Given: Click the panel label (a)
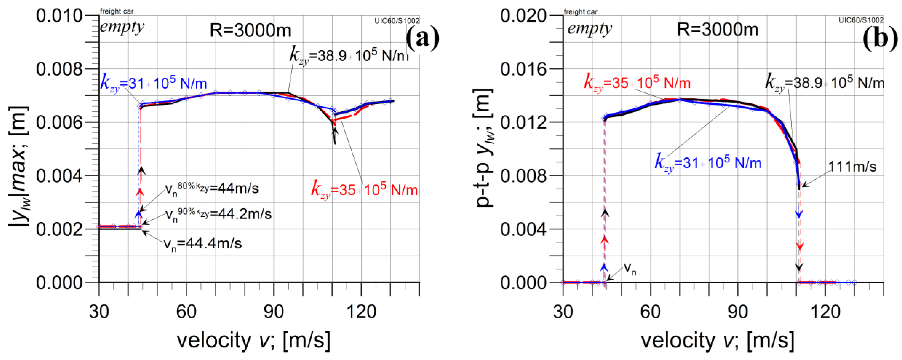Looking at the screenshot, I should tap(422, 38).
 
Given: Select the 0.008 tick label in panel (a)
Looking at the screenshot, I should tap(59, 69).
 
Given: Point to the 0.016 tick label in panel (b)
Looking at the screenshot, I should tap(523, 69).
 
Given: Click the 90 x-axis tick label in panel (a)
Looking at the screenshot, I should tap(274, 311).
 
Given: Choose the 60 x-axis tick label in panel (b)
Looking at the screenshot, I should tap(650, 311).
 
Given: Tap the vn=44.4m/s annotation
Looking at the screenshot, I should tap(203, 243).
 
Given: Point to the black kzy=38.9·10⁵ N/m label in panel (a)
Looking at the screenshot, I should tap(349, 55).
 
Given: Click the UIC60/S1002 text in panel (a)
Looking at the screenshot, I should tap(397, 21).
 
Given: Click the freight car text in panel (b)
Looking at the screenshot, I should tap(580, 12).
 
